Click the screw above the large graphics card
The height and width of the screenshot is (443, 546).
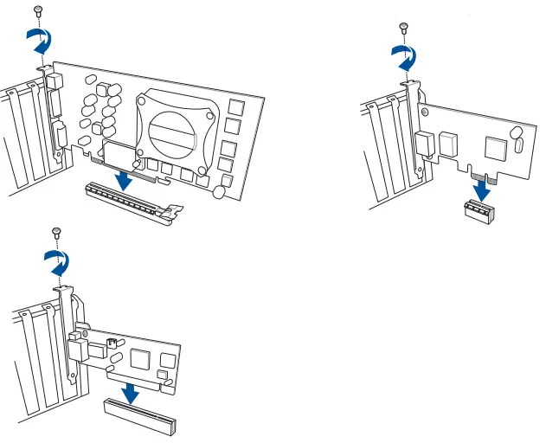tap(37, 10)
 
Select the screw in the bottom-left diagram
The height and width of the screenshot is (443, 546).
tap(56, 232)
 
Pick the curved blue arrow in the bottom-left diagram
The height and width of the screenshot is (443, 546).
tap(59, 260)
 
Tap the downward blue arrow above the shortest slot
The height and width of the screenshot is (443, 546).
tap(478, 188)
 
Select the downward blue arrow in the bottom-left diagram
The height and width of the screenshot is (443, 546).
tap(130, 391)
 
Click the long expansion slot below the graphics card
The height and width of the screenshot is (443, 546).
tap(130, 202)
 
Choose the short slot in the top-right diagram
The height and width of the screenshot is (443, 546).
tap(477, 212)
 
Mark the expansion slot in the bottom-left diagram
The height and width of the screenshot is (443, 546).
tap(140, 417)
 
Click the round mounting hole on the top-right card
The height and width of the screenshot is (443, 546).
tap(516, 134)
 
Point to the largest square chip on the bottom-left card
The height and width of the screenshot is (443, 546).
tap(139, 356)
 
